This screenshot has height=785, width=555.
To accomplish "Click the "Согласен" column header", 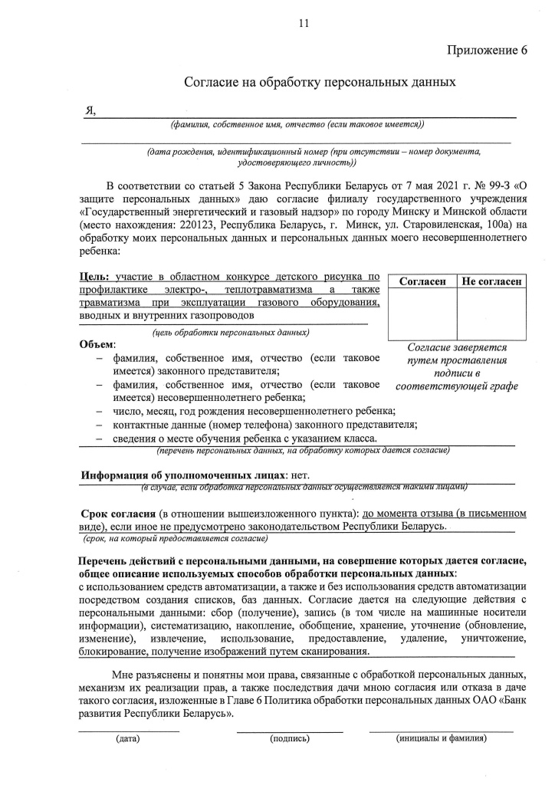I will (422, 282).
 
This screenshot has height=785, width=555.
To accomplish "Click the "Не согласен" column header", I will (492, 282).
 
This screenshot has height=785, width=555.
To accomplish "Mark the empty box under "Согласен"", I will (422, 315).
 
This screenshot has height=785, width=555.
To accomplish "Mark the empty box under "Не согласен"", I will (492, 315).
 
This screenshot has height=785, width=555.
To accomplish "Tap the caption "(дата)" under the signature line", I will (127, 739).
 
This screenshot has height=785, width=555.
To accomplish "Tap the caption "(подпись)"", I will (290, 739).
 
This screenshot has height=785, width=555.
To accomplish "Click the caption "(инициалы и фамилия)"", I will (441, 739).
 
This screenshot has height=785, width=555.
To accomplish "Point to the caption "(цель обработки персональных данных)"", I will (231, 333).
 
